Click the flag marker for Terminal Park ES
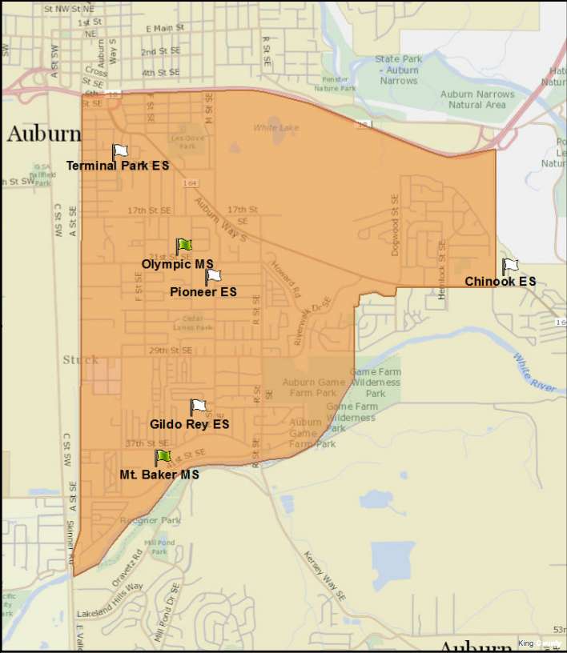tap(120, 151)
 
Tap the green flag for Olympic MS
tap(184, 246)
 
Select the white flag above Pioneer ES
tap(213, 277)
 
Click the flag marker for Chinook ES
tap(509, 266)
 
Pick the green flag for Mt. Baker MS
tap(163, 457)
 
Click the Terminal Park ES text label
tap(117, 166)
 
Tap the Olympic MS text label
tap(177, 263)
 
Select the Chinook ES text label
tap(500, 282)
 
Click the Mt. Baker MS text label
tap(159, 474)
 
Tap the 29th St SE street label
tap(148, 351)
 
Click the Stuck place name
tap(81, 360)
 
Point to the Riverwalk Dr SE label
tap(311, 320)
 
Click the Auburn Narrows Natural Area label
tap(477, 99)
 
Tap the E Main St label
tap(166, 27)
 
